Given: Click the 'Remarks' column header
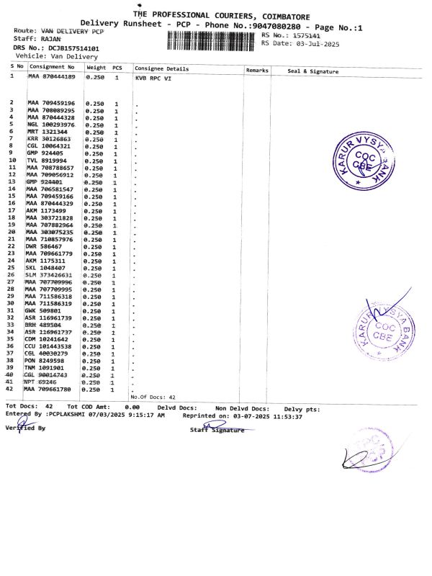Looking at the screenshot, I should click(257, 71).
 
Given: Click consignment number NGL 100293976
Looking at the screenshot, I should click(51, 125).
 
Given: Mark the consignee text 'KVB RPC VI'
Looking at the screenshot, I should click(153, 78).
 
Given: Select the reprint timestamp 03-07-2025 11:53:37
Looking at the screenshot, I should click(273, 415).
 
